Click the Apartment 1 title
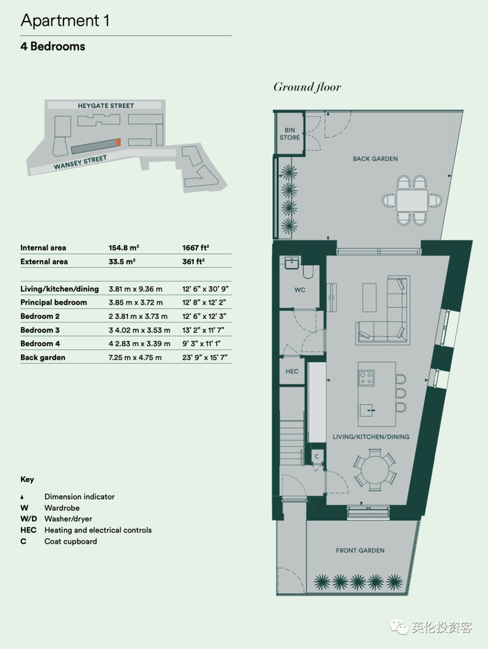pyautogui.click(x=65, y=20)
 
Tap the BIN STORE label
pyautogui.click(x=289, y=134)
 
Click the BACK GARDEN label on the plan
pyautogui.click(x=375, y=158)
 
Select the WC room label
pyautogui.click(x=300, y=290)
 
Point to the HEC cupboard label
pyautogui.click(x=292, y=371)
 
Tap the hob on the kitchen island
pyautogui.click(x=367, y=378)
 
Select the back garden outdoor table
pyautogui.click(x=412, y=200)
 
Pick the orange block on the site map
pyautogui.click(x=118, y=142)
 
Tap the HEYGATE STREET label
pyautogui.click(x=106, y=105)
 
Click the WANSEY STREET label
pyautogui.click(x=80, y=162)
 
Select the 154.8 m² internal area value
pyautogui.click(x=123, y=248)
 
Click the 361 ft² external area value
pyautogui.click(x=194, y=261)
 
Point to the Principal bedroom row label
pyautogui.click(x=54, y=302)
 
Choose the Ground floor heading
pyautogui.click(x=307, y=87)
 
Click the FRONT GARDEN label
pyautogui.click(x=360, y=551)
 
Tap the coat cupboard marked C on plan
pyautogui.click(x=317, y=456)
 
